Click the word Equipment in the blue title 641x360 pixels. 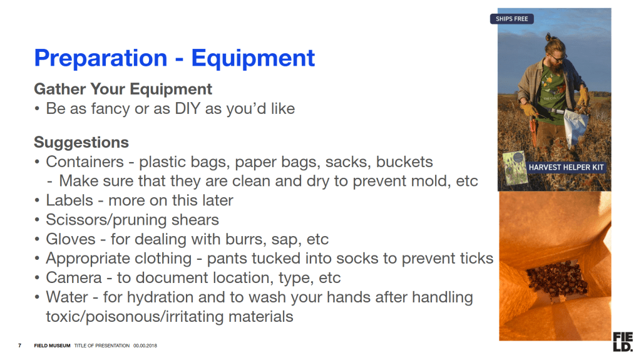[253, 58]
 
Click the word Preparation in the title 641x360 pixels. [101, 58]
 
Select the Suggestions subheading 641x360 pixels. [81, 143]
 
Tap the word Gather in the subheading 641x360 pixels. [60, 89]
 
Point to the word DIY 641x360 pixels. [188, 108]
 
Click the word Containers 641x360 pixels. [85, 162]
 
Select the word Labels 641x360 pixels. [69, 200]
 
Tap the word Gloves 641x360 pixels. [71, 239]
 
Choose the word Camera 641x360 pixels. [74, 278]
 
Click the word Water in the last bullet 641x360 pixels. [66, 297]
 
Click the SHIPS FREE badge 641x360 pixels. [512, 19]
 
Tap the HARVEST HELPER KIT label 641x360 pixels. [566, 167]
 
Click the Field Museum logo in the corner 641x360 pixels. [623, 342]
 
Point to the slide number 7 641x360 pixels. [19, 346]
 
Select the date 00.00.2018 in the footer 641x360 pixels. [145, 346]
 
